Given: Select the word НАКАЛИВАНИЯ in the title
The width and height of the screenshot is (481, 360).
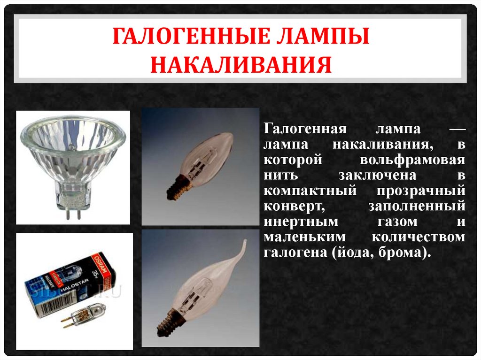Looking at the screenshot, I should [241, 65].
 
